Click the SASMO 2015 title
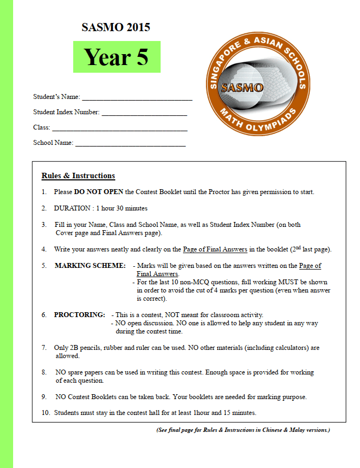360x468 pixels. [115, 27]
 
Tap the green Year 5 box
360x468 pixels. [116, 57]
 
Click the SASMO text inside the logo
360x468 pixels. [241, 87]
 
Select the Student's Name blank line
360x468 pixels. [137, 99]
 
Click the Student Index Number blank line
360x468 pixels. [144, 114]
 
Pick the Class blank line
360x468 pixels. [120, 129]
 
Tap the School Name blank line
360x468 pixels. [130, 144]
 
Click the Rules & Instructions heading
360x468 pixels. [78, 176]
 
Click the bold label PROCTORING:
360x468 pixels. [79, 315]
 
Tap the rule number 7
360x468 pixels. [44, 348]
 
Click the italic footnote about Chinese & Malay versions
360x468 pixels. [243, 430]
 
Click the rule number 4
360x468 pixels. [44, 249]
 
